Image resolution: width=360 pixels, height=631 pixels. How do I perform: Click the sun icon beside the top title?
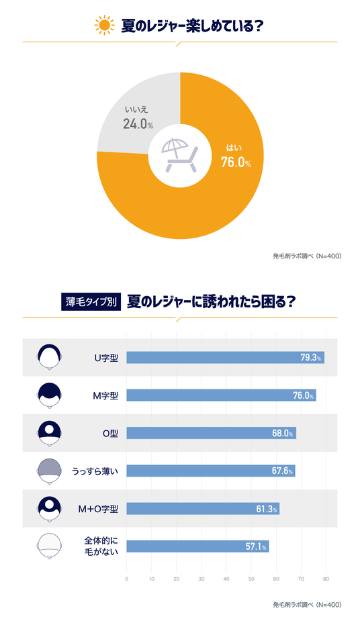click(x=104, y=26)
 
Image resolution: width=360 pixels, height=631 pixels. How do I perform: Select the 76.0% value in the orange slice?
click(x=235, y=162)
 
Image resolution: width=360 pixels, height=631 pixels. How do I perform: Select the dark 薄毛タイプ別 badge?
click(x=91, y=301)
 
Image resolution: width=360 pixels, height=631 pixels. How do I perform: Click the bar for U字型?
click(x=225, y=358)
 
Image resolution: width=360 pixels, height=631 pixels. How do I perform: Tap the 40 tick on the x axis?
click(x=226, y=578)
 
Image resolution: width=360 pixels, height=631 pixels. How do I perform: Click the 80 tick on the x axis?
click(x=326, y=578)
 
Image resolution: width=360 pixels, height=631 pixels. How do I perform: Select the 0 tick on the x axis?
click(x=127, y=578)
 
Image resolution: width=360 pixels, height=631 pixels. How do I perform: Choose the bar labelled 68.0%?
click(x=211, y=433)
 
